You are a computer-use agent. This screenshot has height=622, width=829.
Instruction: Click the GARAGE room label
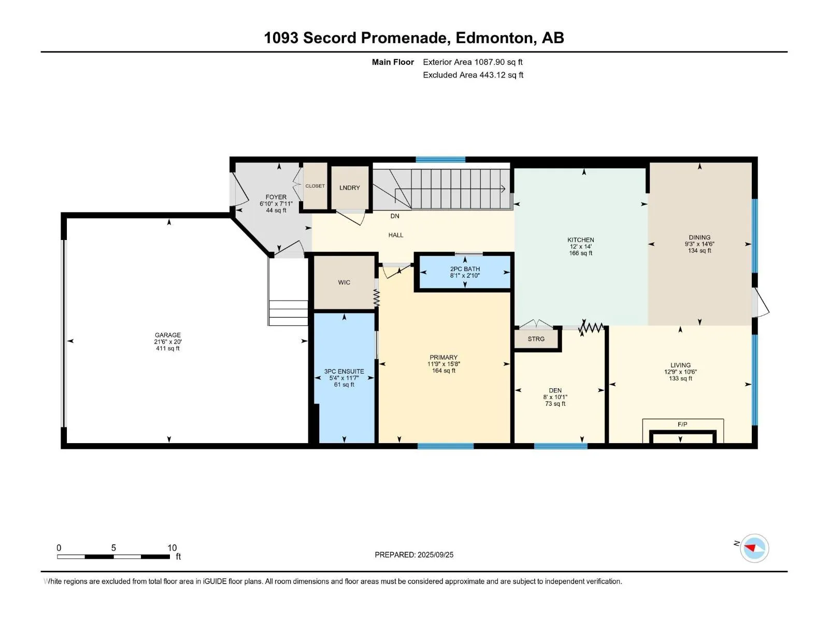coord(168,335)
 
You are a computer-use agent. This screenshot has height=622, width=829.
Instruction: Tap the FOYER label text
coord(276,197)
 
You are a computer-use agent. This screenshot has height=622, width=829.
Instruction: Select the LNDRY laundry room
coord(350,188)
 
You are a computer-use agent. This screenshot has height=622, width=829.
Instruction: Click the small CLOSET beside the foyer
coord(315,186)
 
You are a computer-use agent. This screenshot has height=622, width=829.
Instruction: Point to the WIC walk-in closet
coord(344,282)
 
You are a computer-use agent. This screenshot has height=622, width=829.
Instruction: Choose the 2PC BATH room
coord(465,272)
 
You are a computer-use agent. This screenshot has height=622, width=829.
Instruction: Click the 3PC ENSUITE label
coord(344,371)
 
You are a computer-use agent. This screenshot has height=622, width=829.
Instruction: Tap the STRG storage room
coord(536,339)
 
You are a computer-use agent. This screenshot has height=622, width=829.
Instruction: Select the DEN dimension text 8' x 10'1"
coord(555,397)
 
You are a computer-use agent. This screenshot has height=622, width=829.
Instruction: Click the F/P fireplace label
coord(682,424)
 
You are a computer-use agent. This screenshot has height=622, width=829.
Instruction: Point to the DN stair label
coord(395,216)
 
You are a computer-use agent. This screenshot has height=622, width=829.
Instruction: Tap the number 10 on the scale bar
coord(172,547)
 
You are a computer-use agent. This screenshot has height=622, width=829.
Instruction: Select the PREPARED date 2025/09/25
coord(435,555)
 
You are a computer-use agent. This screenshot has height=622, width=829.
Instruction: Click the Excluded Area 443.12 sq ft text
coord(473,75)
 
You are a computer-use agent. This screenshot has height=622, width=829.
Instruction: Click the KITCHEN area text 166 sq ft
coord(581,253)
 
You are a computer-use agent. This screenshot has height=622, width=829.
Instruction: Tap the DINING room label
coord(699,237)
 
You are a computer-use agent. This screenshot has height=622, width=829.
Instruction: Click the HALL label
coord(396,235)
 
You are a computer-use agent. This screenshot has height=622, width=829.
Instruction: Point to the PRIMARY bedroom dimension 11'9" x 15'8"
coord(444,364)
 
